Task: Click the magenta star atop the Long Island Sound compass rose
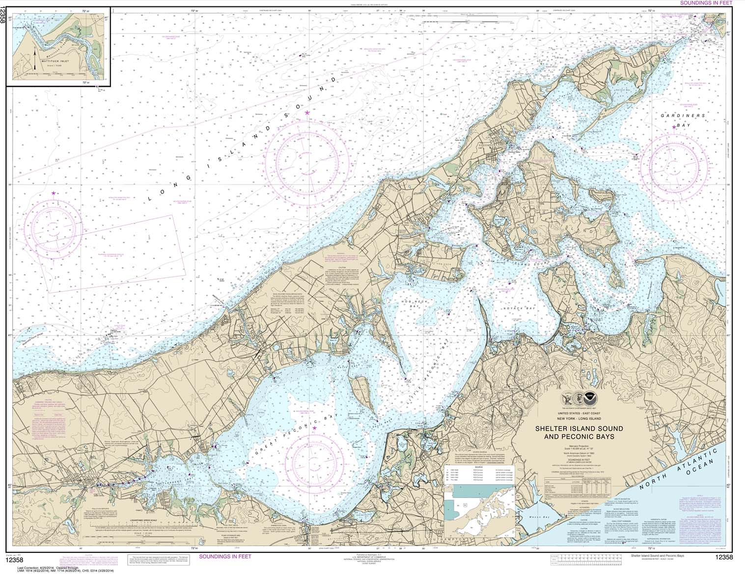click(307, 113)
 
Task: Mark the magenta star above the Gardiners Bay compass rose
click(674, 127)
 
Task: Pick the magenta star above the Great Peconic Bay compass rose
click(314, 428)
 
